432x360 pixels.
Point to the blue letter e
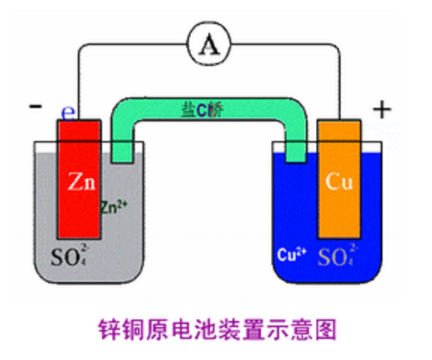coord(69,111)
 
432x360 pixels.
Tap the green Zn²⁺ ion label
coord(112,206)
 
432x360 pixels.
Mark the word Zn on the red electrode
coord(78,182)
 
